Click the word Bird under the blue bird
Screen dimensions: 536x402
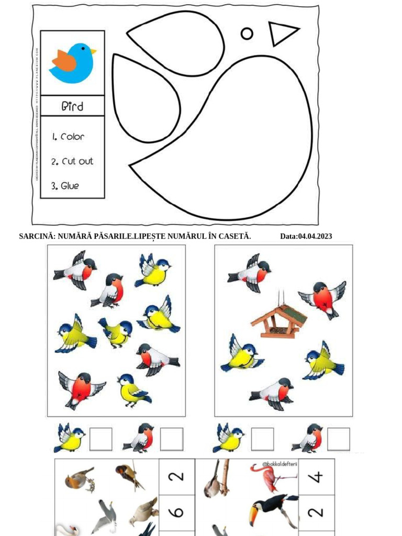[72, 106]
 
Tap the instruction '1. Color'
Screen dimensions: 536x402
[69, 137]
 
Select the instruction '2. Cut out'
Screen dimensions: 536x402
[72, 161]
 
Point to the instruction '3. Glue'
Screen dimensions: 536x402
[65, 186]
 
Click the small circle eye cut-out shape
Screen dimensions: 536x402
[247, 33]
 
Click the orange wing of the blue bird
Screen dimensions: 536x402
[64, 61]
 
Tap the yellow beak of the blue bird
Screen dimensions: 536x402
[93, 51]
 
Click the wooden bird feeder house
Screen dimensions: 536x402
[278, 320]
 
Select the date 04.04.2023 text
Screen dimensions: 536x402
[306, 237]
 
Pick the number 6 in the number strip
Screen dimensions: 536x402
[177, 512]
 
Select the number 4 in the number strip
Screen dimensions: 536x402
[317, 476]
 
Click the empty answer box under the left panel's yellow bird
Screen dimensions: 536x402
[100, 439]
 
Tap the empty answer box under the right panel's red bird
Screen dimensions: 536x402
[338, 439]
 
